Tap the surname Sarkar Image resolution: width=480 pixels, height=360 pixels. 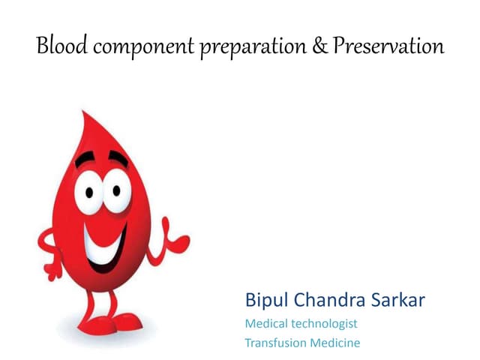pos(399,301)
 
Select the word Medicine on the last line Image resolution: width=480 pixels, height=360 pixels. pos(337,343)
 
